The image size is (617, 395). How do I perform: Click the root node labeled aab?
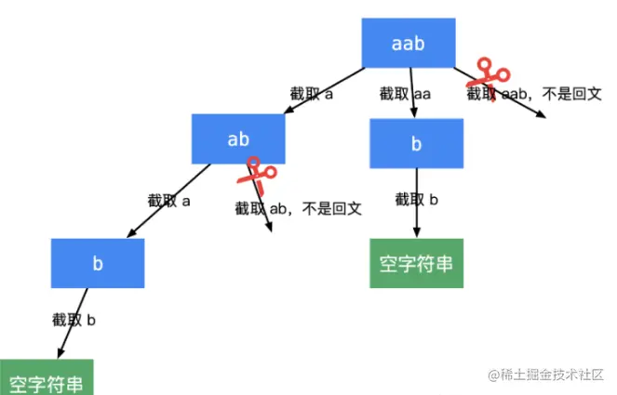408,44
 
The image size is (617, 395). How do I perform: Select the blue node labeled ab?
238,138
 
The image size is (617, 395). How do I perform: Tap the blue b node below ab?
98,263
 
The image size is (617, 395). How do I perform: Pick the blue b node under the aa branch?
416,144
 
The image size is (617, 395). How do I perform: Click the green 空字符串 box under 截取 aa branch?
416,263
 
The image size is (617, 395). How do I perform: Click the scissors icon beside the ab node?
257,173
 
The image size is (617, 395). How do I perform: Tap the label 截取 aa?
406,94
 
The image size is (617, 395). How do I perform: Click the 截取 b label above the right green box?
417,199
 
